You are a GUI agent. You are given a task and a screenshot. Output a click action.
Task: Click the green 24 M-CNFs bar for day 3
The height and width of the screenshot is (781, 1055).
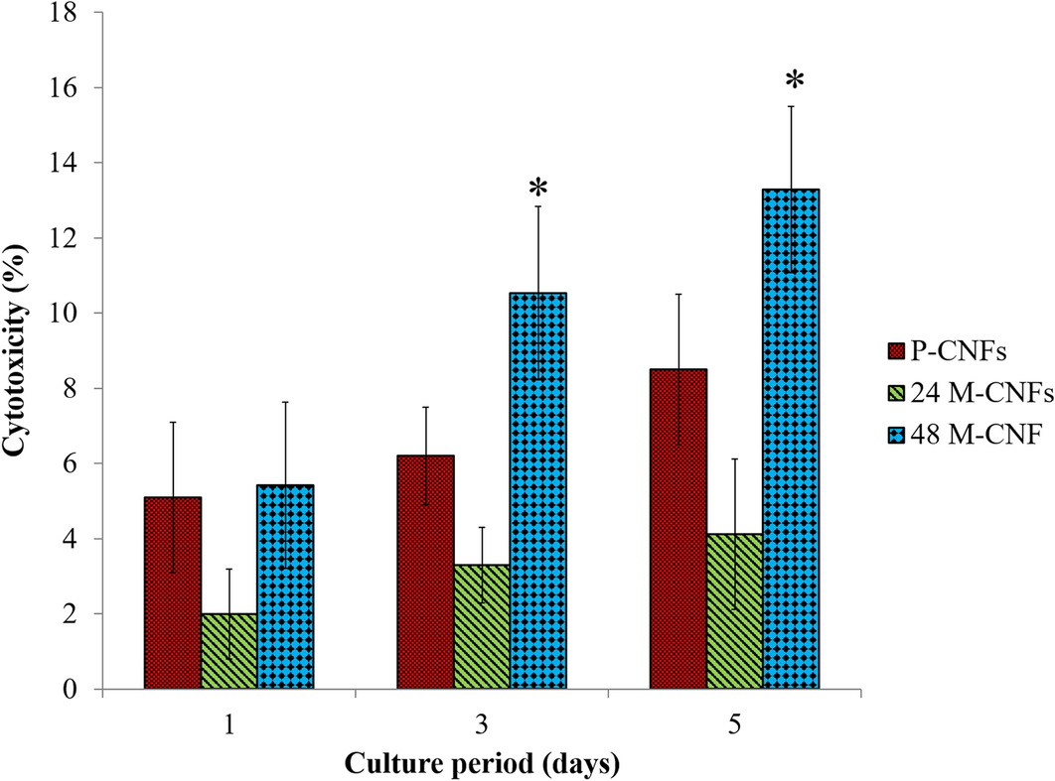(482, 626)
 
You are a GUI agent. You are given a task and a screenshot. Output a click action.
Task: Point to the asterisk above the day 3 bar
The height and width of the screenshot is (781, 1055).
(537, 189)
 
